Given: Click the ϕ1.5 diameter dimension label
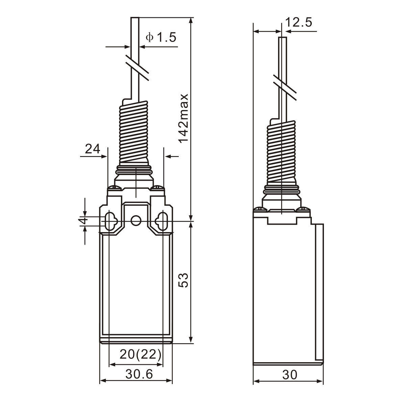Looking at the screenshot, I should (x=161, y=37).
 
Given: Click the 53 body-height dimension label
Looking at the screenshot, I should (x=183, y=280).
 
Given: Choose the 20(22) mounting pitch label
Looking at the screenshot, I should (x=140, y=354).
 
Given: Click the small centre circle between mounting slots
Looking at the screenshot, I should (x=136, y=221).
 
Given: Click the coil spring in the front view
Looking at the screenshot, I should (x=133, y=132).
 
